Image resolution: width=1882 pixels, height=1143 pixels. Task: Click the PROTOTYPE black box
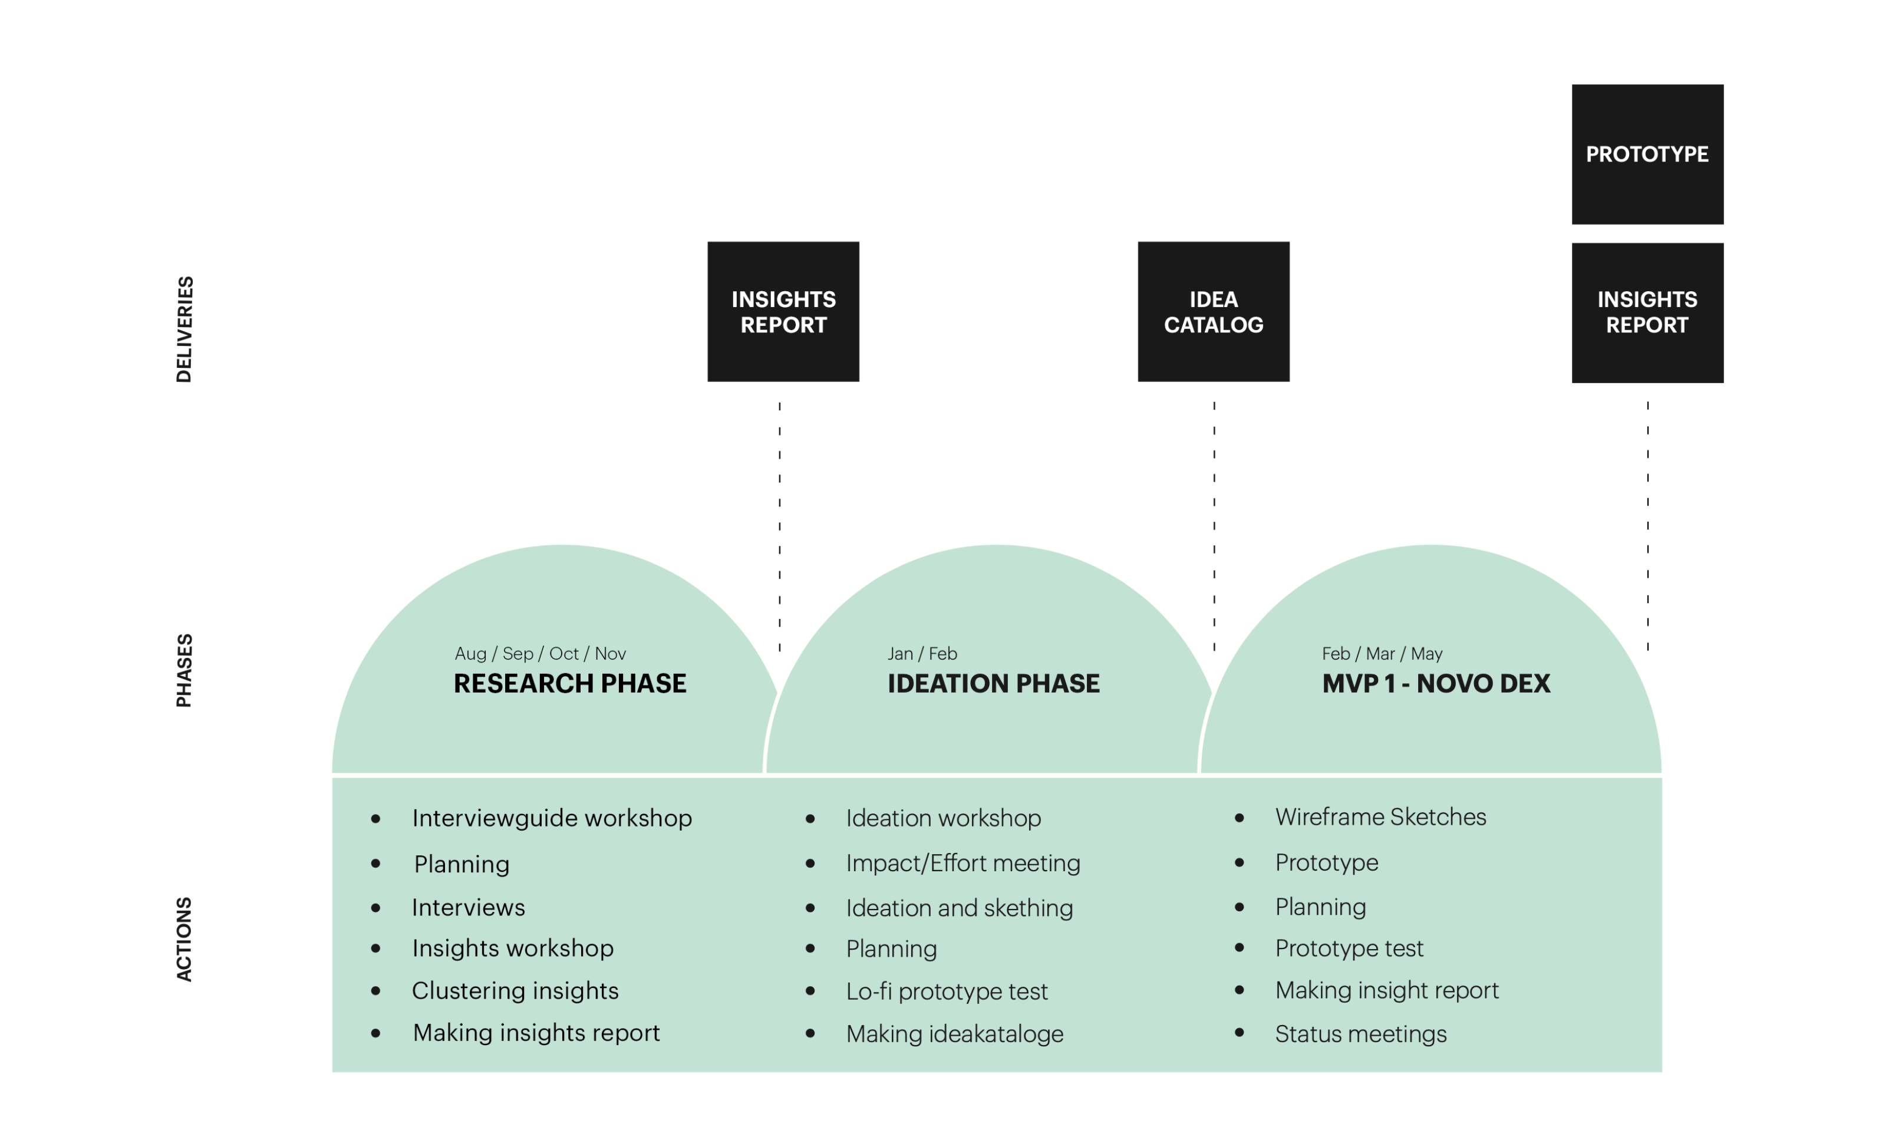point(1647,154)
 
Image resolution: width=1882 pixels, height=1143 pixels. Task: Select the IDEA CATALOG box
point(1213,312)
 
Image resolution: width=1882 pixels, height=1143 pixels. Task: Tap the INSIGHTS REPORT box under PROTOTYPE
point(1647,312)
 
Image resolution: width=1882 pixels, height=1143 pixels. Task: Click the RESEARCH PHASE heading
point(570,683)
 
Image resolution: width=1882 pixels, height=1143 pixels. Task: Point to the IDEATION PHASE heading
point(993,683)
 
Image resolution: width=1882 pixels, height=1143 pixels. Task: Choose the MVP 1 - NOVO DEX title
point(1436,683)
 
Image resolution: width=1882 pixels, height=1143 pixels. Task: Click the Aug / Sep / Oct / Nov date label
point(540,653)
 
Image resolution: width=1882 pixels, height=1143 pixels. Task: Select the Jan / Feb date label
point(922,653)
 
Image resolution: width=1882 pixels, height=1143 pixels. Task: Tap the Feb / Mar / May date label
point(1382,653)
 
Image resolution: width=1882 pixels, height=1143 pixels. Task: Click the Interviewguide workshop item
point(552,818)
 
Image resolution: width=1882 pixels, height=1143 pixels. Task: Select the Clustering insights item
point(515,991)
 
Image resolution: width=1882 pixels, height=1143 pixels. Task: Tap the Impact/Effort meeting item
point(963,864)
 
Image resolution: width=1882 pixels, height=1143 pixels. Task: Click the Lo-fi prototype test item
point(947,992)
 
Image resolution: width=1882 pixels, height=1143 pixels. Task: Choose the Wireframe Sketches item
point(1380,817)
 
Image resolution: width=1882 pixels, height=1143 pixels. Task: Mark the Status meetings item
point(1360,1034)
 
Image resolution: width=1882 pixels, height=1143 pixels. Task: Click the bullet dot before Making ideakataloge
point(810,1034)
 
